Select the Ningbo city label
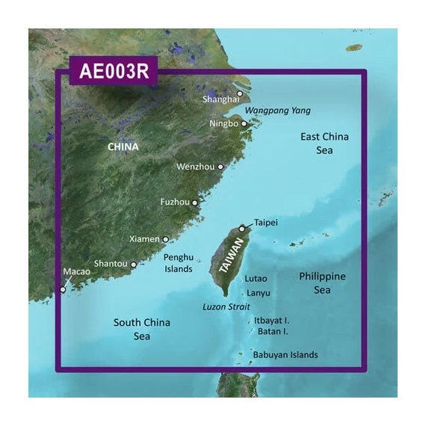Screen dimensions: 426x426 tap(223, 123)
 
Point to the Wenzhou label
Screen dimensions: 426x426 tap(195, 167)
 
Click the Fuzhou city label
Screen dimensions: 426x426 tap(176, 202)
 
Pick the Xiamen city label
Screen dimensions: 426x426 tap(144, 239)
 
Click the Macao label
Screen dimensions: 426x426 tap(77, 273)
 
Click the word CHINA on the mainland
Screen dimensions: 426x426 tap(123, 146)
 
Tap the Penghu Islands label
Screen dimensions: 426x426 tap(178, 262)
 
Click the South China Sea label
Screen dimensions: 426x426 tap(142, 330)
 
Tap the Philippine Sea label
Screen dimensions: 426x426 tap(322, 283)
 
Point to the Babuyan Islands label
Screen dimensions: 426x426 tap(285, 355)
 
